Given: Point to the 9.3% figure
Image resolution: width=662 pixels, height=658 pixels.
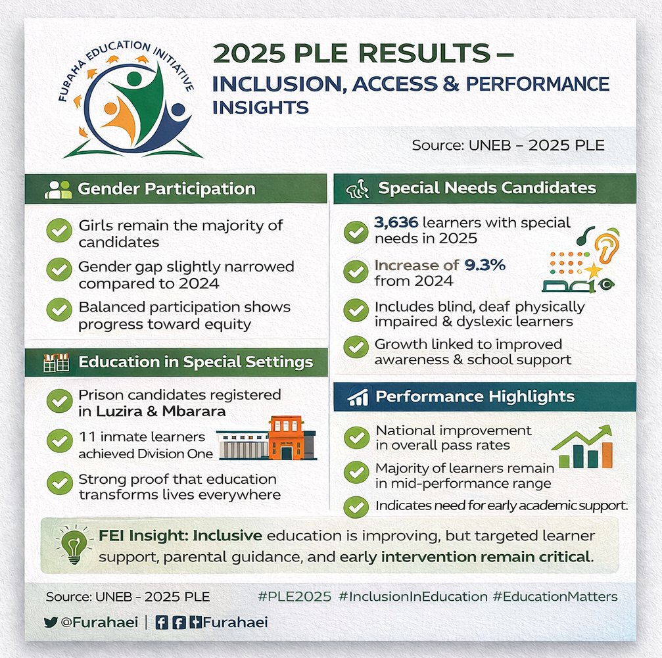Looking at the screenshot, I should point(485,266).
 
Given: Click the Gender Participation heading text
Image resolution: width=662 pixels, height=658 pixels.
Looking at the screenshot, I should point(166,189).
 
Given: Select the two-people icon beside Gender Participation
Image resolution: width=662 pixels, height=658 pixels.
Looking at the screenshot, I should point(58,189).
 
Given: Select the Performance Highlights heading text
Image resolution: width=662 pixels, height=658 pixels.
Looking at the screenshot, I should point(475,397).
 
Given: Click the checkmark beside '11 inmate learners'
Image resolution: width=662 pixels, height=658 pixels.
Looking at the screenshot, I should point(59,441).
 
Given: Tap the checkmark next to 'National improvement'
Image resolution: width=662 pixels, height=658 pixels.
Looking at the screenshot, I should point(356,437).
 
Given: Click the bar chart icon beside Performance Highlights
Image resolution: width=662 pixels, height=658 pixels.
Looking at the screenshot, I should point(358,398).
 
